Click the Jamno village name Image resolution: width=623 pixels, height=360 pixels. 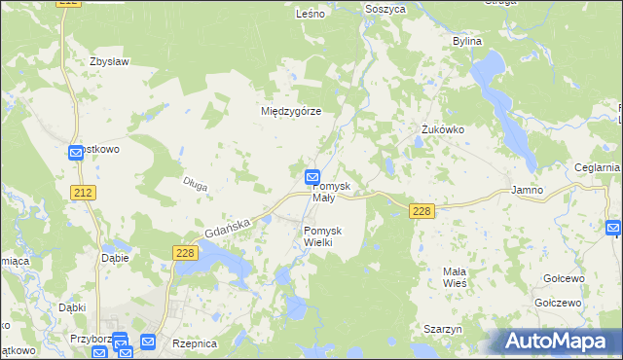click(x=527, y=191)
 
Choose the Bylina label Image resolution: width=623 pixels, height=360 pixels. click(x=468, y=42)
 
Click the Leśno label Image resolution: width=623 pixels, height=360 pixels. click(x=310, y=15)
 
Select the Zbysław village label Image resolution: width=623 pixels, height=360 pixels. click(x=109, y=61)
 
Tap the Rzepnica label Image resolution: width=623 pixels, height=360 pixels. click(x=194, y=344)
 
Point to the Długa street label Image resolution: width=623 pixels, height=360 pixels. click(x=196, y=183)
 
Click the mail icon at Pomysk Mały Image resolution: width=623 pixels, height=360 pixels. click(x=312, y=177)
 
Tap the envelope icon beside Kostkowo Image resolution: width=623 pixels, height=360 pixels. click(x=76, y=153)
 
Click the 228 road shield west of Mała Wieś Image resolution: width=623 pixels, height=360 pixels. click(x=421, y=212)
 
